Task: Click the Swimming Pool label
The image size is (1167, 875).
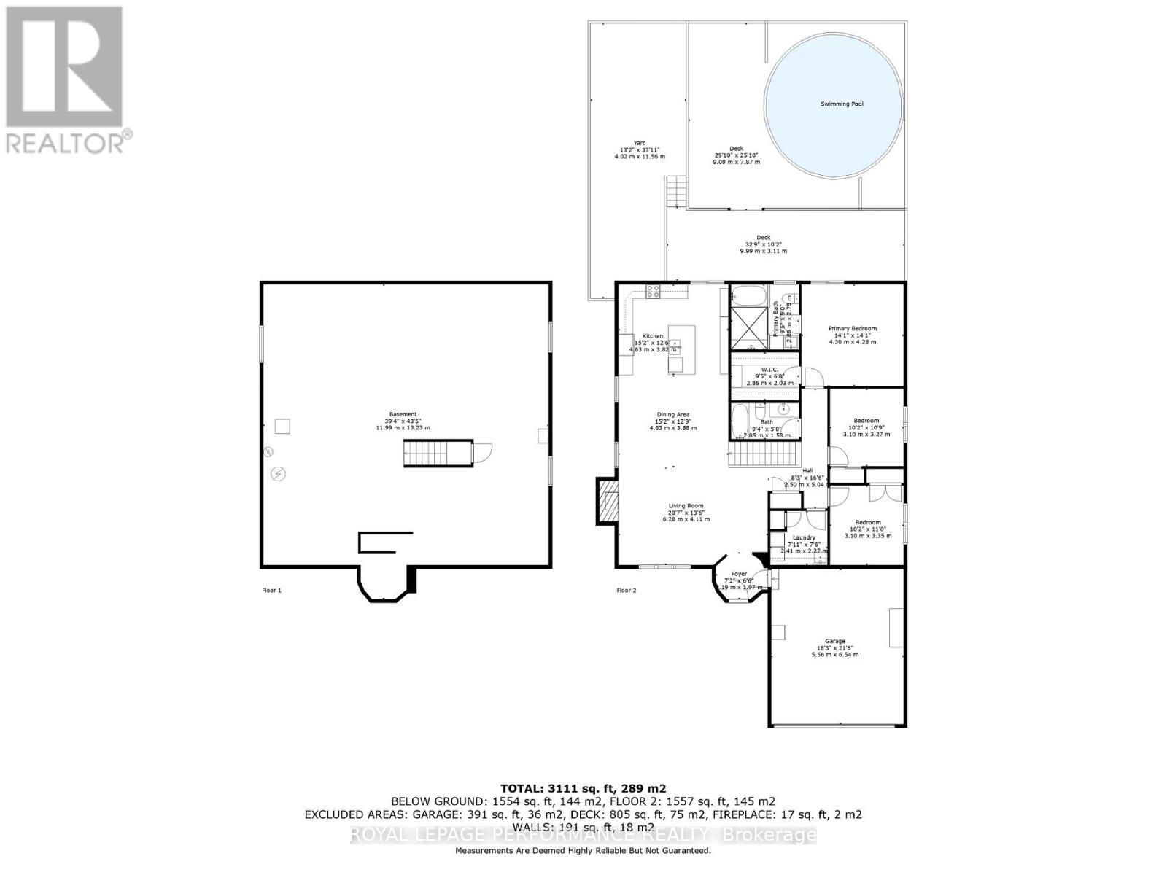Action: pyautogui.click(x=841, y=104)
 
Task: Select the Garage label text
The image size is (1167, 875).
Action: pyautogui.click(x=835, y=641)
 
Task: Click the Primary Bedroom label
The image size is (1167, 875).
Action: pyautogui.click(x=852, y=328)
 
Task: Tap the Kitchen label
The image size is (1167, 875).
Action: pyautogui.click(x=653, y=336)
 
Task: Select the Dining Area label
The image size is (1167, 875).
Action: pyautogui.click(x=673, y=415)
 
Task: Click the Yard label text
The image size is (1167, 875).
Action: pyautogui.click(x=640, y=143)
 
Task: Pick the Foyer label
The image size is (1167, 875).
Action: pyautogui.click(x=739, y=574)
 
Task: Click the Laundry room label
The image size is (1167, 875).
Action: pyautogui.click(x=803, y=537)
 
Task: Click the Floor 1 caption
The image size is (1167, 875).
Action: pyautogui.click(x=271, y=590)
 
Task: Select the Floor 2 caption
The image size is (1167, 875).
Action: pyautogui.click(x=627, y=590)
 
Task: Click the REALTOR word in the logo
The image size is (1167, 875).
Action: pyautogui.click(x=66, y=141)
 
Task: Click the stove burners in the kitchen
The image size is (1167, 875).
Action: pyautogui.click(x=654, y=291)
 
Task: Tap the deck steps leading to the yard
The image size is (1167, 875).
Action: pyautogui.click(x=676, y=192)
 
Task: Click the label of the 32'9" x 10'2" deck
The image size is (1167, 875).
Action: pyautogui.click(x=763, y=237)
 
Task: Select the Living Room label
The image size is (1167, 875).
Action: pyautogui.click(x=686, y=506)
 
